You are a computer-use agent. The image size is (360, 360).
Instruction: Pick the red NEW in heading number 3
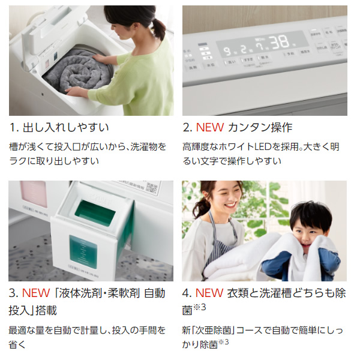[37, 293]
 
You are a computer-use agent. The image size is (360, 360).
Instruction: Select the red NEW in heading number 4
[211, 293]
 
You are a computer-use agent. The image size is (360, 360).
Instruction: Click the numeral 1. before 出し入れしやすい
[14, 127]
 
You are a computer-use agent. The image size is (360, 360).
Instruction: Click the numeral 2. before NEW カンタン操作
[187, 127]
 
